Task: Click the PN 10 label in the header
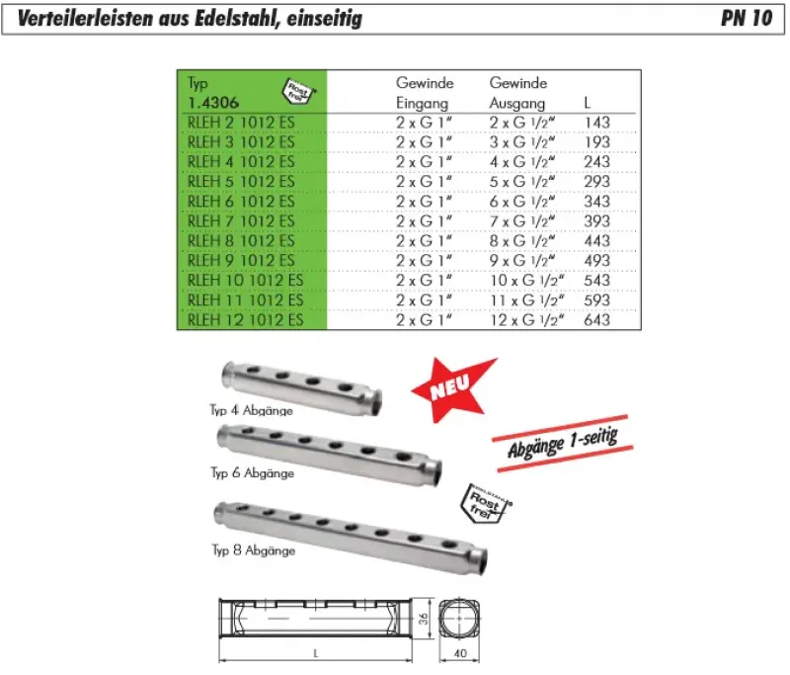tap(747, 18)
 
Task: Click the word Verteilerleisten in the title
tap(86, 18)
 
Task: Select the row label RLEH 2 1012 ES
tap(241, 123)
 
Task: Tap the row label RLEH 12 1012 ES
tap(245, 320)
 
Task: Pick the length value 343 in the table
tap(597, 202)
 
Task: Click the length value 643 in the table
tap(597, 320)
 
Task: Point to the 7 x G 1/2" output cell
tap(522, 221)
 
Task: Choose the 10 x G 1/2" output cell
tap(526, 281)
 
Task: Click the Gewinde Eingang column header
tap(425, 93)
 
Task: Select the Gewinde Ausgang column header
tap(517, 93)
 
